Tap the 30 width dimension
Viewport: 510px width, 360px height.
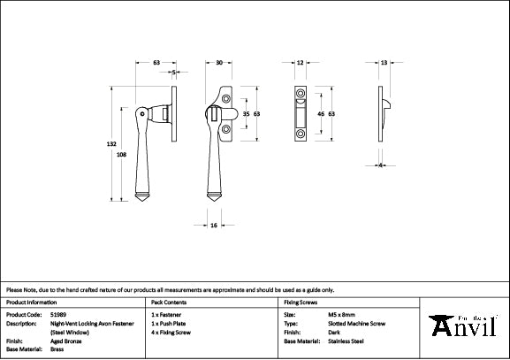(219, 63)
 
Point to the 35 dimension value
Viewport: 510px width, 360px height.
(246, 114)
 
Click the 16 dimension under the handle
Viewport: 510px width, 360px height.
(215, 226)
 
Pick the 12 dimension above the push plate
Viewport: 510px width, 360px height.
(301, 63)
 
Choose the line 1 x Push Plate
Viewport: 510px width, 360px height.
(171, 324)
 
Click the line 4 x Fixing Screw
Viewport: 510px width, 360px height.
(173, 333)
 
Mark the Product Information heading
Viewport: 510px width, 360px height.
(32, 302)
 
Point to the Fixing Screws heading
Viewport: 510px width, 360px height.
(301, 302)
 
